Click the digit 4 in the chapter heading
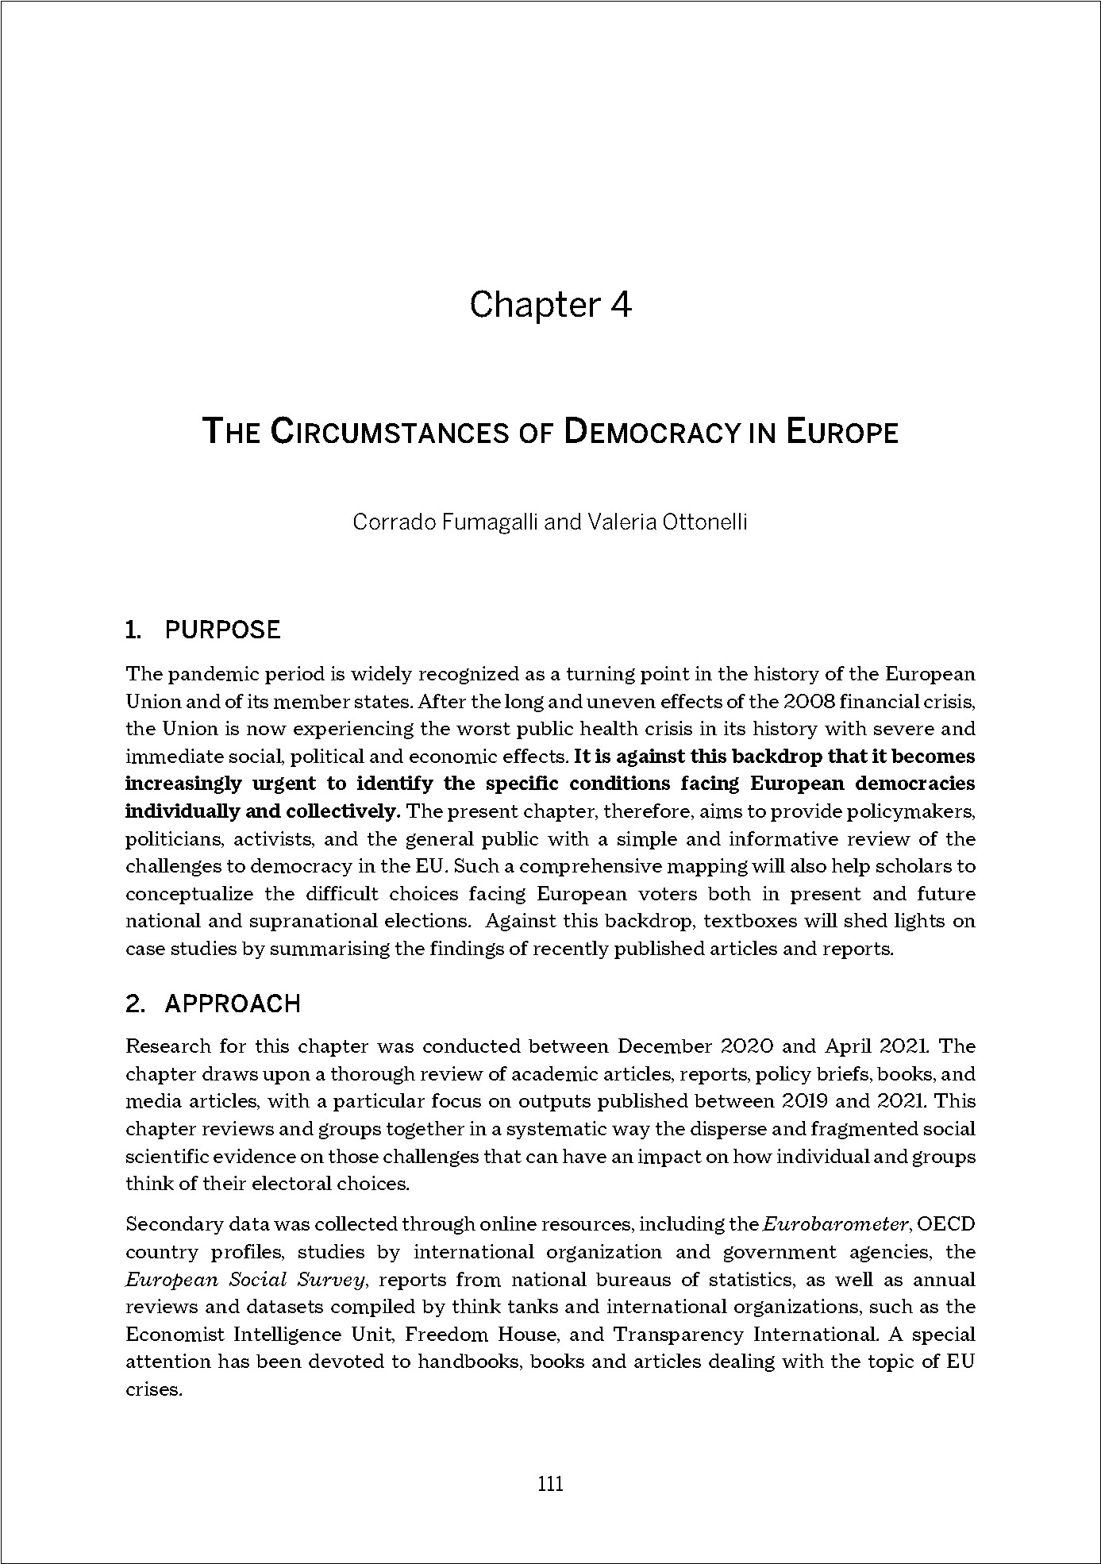pyautogui.click(x=620, y=305)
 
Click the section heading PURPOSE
pyautogui.click(x=222, y=630)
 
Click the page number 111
pyautogui.click(x=550, y=1483)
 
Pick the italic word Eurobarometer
pyautogui.click(x=835, y=1224)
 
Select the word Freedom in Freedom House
pyautogui.click(x=445, y=1335)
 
